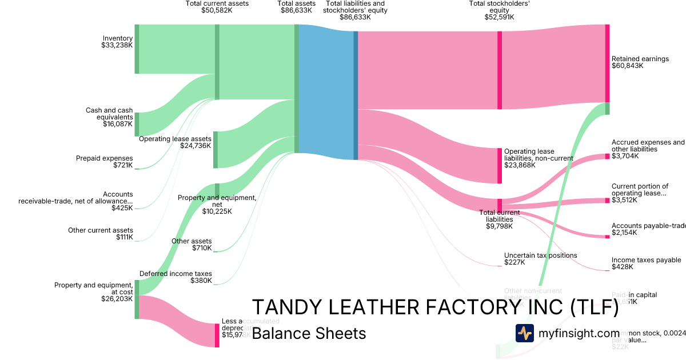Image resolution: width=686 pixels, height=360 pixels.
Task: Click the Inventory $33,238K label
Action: pyautogui.click(x=117, y=42)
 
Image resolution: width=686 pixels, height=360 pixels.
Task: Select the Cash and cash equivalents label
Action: pyautogui.click(x=109, y=117)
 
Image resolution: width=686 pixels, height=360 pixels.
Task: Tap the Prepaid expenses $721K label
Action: pyautogui.click(x=105, y=162)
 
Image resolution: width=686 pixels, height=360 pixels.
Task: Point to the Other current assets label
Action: pyautogui.click(x=101, y=234)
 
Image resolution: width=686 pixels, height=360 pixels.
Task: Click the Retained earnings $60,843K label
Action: pyautogui.click(x=640, y=62)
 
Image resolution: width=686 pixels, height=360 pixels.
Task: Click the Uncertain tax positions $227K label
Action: pyautogui.click(x=540, y=259)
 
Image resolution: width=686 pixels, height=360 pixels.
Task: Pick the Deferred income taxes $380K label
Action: pyautogui.click(x=175, y=277)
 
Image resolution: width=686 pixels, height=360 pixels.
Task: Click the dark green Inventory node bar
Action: pyautogui.click(x=137, y=49)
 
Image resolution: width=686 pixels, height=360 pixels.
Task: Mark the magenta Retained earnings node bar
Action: pyautogui.click(x=607, y=63)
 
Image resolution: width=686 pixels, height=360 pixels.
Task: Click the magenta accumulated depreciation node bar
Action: pyautogui.click(x=217, y=335)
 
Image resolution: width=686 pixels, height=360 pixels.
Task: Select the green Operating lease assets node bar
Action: pyautogui.click(x=216, y=149)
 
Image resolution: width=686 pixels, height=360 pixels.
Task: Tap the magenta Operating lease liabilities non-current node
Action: pyautogui.click(x=500, y=166)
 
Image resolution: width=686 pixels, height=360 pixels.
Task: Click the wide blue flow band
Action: pyautogui.click(x=326, y=91)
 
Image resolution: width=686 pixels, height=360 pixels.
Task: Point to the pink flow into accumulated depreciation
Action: pyautogui.click(x=177, y=320)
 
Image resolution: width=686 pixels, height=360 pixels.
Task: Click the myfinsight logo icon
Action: pyautogui.click(x=524, y=333)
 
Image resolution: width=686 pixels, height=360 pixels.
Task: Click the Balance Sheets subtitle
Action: pyautogui.click(x=309, y=333)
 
